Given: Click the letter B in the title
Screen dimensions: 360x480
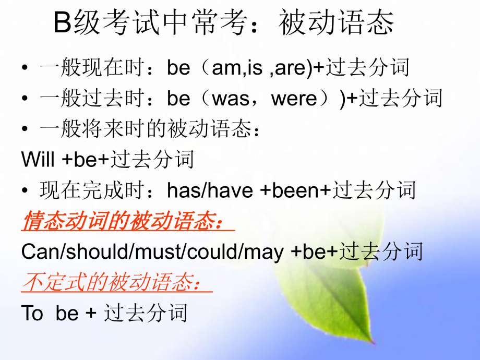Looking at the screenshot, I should pyautogui.click(x=63, y=23).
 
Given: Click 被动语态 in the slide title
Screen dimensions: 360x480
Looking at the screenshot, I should pyautogui.click(x=337, y=23).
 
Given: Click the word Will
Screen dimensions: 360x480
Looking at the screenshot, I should pyautogui.click(x=38, y=160).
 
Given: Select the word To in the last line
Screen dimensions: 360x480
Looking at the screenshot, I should pyautogui.click(x=32, y=314).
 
